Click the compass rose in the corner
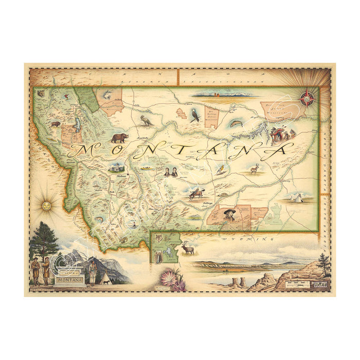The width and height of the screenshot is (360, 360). tap(307, 98)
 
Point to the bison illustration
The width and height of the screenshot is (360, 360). tap(56, 123)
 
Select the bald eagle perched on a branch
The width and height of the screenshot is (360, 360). tap(195, 115)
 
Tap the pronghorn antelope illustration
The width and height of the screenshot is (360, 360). tap(254, 169)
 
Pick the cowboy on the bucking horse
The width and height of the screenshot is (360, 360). tap(195, 194)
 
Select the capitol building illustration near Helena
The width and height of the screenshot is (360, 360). tap(116, 167)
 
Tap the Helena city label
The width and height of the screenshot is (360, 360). tap(121, 176)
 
